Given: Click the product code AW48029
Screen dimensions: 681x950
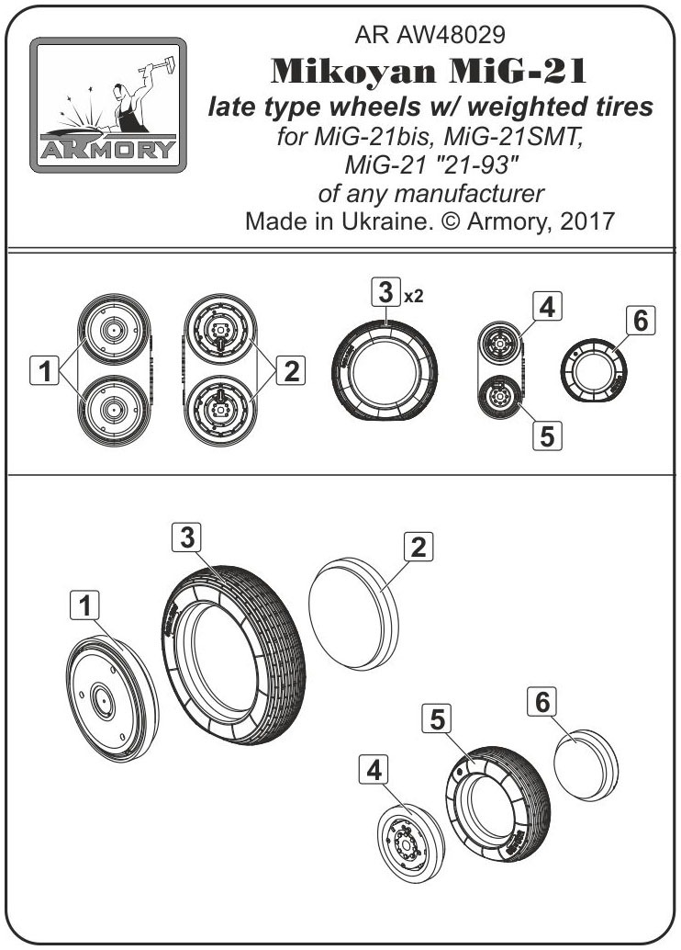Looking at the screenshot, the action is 451,35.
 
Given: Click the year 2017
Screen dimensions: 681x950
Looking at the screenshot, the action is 587,221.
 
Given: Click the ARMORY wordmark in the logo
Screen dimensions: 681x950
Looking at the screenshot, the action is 107,149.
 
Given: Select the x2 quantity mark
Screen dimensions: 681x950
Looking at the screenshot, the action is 413,296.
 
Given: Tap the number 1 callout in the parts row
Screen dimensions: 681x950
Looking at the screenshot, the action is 44,370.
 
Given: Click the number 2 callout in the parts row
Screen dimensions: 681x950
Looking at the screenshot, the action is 291,370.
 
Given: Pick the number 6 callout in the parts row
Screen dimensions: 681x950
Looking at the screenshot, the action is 641,321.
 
